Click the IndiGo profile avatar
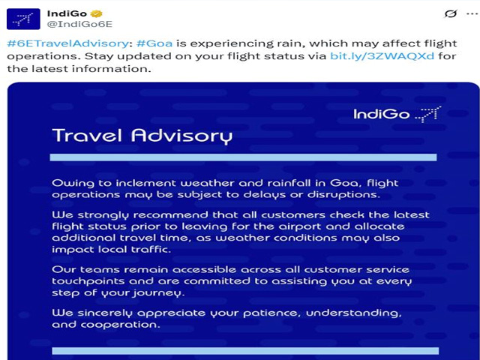click(23, 19)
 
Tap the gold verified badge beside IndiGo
click(97, 13)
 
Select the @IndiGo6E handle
click(79, 24)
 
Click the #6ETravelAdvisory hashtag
click(67, 43)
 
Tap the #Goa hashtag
click(154, 43)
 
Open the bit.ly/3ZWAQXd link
click(382, 56)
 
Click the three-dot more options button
click(472, 13)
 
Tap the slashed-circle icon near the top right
click(451, 13)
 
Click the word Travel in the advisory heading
click(87, 135)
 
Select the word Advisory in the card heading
click(181, 136)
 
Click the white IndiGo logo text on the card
click(382, 114)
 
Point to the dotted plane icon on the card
click(428, 114)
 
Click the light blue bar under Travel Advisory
click(243, 157)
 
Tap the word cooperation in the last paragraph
click(120, 325)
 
